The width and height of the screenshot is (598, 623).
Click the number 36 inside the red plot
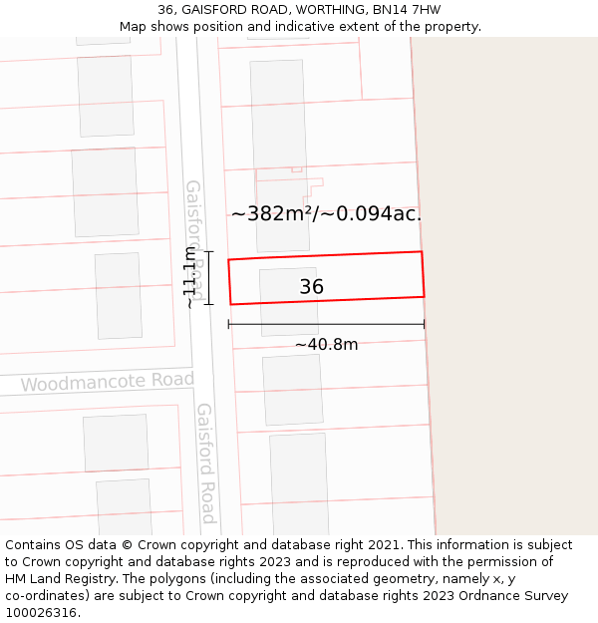312,287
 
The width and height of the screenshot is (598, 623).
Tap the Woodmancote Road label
107,382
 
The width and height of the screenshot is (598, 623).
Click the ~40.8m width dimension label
326,345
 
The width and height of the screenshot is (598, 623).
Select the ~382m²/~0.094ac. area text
326,213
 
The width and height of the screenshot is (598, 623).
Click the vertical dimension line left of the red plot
209,277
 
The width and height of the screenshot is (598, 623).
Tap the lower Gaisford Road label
206,463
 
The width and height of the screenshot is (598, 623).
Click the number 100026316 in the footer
41,613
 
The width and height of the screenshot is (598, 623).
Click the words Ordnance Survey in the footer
517,596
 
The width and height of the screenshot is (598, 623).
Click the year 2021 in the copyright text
385,545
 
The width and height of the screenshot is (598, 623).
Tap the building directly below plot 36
292,389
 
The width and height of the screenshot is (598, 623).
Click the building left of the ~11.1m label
118,295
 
